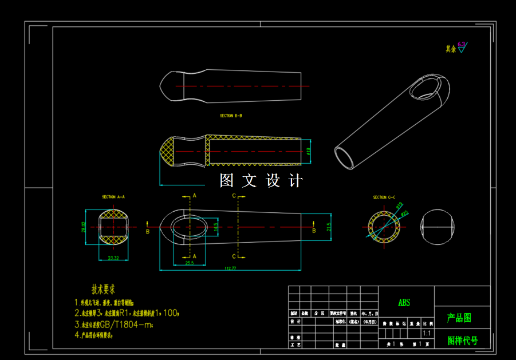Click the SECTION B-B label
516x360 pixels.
click(x=231, y=116)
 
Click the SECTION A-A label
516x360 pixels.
click(x=113, y=197)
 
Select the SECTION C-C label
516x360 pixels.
click(x=384, y=197)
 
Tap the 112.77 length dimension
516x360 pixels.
click(x=231, y=268)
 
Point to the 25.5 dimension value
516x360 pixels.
click(x=189, y=263)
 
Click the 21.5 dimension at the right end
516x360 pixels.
click(x=328, y=227)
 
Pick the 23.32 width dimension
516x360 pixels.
click(x=113, y=258)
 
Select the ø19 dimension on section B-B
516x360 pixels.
click(x=308, y=151)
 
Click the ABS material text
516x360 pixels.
click(x=404, y=302)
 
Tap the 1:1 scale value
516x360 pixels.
click(x=427, y=333)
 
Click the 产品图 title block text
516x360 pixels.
click(x=459, y=318)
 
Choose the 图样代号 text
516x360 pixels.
click(x=462, y=341)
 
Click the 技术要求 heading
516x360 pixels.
click(x=104, y=289)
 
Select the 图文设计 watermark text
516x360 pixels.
click(x=261, y=181)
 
